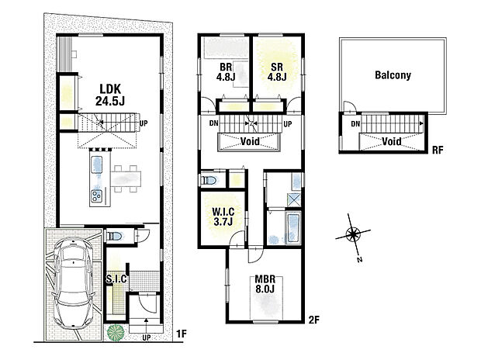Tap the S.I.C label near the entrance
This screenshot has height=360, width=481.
point(116,279)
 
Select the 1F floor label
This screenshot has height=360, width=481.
point(181,334)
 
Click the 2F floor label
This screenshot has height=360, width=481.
point(314,319)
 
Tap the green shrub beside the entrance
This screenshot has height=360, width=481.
point(116,332)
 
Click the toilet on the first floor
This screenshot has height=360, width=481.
point(112,236)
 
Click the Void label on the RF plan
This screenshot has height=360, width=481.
point(390,141)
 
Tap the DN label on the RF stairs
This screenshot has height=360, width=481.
point(355,124)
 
